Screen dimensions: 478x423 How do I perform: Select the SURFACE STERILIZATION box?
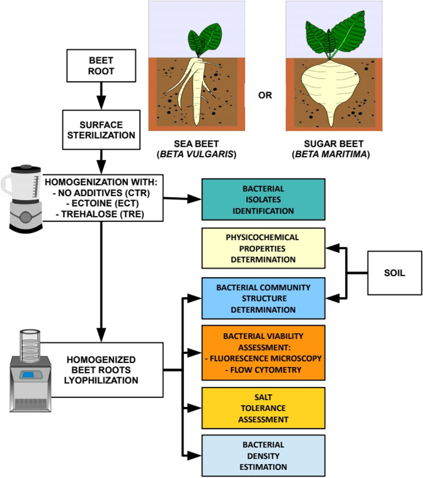pyautogui.click(x=101, y=129)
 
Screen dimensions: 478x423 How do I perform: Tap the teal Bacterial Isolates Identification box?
pyautogui.click(x=263, y=200)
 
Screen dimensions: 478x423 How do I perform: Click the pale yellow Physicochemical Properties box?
pyautogui.click(x=263, y=248)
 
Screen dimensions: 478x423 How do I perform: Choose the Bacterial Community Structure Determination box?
pyautogui.click(x=263, y=298)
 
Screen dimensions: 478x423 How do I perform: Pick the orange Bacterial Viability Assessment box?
pyautogui.click(x=263, y=352)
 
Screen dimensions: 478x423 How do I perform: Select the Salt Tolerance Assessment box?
pyautogui.click(x=263, y=408)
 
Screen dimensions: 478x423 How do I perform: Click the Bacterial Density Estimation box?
pyautogui.click(x=263, y=455)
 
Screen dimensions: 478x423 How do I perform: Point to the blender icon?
pyautogui.click(x=23, y=197)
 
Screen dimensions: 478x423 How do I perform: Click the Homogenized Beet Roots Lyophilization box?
pyautogui.click(x=102, y=370)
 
